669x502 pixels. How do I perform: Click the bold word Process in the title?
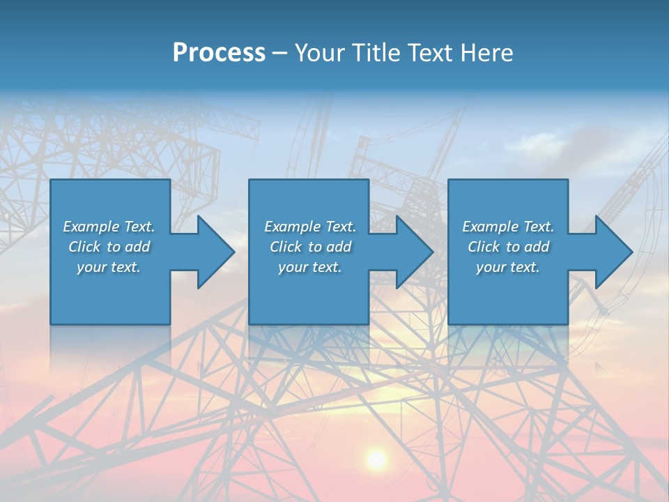(219, 53)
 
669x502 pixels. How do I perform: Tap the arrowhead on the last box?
(613, 252)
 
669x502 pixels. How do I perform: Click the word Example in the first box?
(91, 227)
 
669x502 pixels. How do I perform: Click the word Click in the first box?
(84, 247)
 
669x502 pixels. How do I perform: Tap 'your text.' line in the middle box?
(309, 267)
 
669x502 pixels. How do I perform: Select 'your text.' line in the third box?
(507, 267)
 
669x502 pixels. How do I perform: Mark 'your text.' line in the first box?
(108, 267)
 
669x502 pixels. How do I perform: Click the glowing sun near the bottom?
(376, 459)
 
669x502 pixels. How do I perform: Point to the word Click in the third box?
(484, 247)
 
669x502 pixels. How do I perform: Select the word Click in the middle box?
(286, 247)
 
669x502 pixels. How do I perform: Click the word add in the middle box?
(339, 247)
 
